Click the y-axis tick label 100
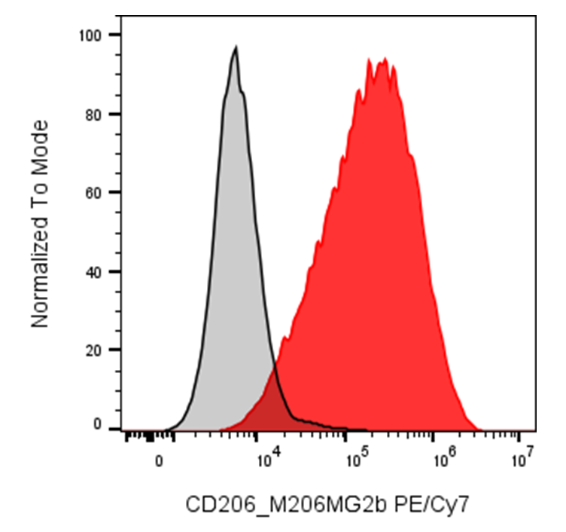tap(90, 35)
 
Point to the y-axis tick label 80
tap(93, 115)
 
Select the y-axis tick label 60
tap(93, 194)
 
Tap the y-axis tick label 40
tap(93, 272)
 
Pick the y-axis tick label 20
tap(93, 350)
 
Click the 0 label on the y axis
tap(97, 424)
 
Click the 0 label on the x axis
tap(159, 461)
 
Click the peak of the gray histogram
tap(236, 47)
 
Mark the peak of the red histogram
tap(385, 59)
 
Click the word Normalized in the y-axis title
tap(40, 273)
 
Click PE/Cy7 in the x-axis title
tap(432, 505)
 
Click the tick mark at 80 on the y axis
tap(115, 115)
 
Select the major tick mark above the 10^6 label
tap(433, 436)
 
